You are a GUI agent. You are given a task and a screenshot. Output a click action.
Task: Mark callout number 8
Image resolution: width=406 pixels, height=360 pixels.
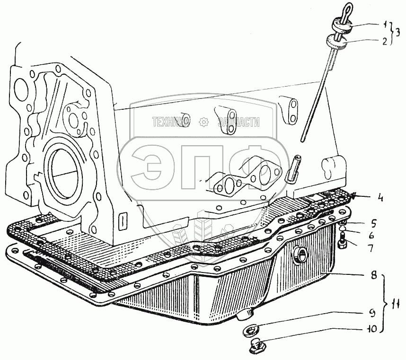[373, 274]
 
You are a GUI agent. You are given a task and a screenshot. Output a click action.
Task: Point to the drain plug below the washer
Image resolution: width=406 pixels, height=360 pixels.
[256, 347]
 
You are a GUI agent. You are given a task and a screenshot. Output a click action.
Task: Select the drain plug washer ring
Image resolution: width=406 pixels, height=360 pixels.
[250, 329]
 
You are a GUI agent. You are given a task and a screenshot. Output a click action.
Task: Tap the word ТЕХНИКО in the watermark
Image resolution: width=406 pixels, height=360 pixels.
[171, 122]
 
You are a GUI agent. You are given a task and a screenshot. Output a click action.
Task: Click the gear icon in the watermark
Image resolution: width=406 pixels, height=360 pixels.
[204, 122]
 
